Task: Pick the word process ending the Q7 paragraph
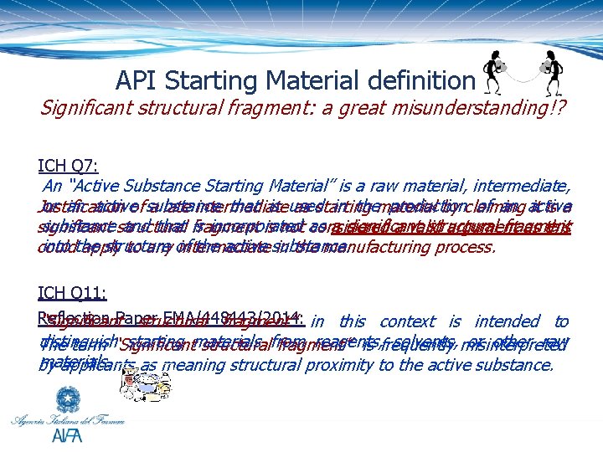(465, 248)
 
